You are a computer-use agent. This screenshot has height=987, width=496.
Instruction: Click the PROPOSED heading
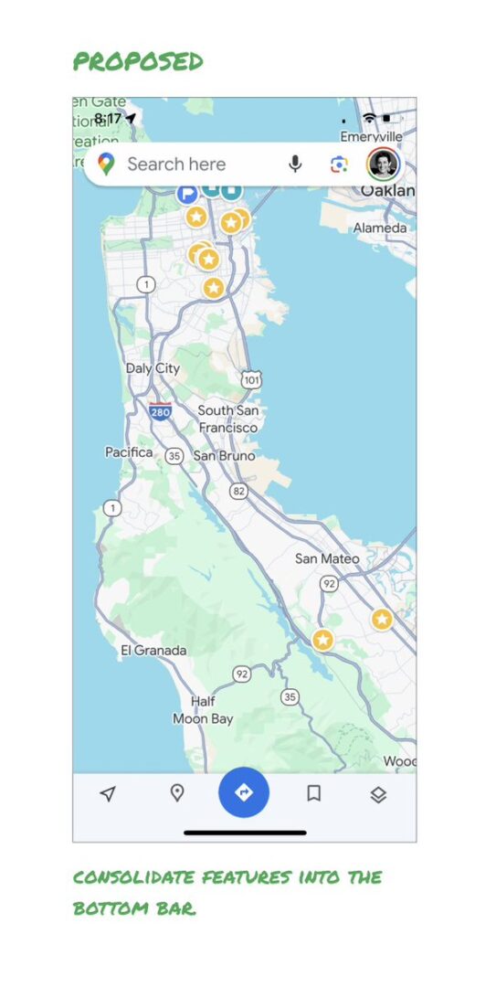138,62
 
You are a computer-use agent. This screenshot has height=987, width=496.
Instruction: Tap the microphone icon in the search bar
295,164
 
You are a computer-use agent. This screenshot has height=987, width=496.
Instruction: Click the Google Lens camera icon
339,164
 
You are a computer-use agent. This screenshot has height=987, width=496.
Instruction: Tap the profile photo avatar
384,164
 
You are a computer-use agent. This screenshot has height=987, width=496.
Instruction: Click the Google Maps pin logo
107,164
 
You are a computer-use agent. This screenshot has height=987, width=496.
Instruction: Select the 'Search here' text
176,164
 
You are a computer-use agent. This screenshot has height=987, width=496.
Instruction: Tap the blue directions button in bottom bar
244,792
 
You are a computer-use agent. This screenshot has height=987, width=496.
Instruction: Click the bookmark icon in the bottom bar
313,793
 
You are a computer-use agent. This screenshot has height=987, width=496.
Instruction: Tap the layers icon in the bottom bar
378,794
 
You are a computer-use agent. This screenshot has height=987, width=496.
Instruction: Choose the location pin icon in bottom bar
177,792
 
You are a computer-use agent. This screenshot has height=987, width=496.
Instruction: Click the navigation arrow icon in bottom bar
108,793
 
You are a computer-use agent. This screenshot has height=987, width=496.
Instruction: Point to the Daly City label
153,368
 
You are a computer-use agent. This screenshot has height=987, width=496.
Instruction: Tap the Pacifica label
129,452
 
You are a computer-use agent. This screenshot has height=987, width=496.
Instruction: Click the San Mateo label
327,558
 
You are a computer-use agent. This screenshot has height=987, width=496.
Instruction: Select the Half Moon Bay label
203,710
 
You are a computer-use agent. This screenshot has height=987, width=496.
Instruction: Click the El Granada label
153,651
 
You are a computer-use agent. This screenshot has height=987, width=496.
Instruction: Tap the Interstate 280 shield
160,412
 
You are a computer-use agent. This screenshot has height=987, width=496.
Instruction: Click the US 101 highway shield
251,378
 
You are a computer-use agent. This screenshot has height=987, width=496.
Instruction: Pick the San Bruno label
224,455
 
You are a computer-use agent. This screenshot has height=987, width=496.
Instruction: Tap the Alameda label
380,228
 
